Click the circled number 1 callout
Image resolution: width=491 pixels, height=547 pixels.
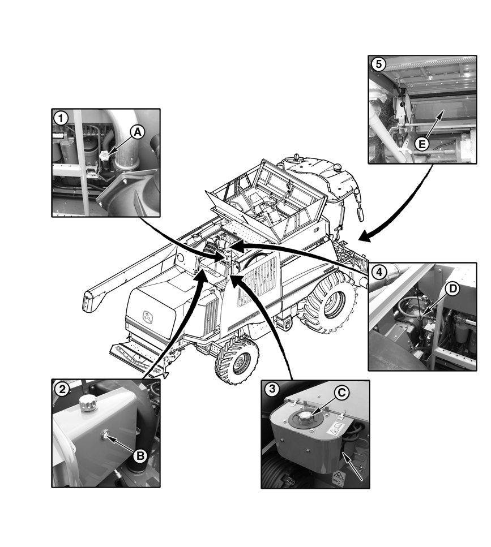pyautogui.click(x=61, y=118)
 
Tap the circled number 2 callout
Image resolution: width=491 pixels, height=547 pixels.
pyautogui.click(x=62, y=389)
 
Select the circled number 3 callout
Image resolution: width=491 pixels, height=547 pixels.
pyautogui.click(x=272, y=388)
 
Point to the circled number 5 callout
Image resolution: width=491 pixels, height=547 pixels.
pyautogui.click(x=378, y=64)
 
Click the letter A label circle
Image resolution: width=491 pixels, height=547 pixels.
pyautogui.click(x=138, y=132)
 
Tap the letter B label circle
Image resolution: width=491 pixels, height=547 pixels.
pyautogui.click(x=140, y=455)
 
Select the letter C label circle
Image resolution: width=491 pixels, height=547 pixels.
pyautogui.click(x=341, y=393)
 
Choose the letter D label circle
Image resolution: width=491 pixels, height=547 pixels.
pyautogui.click(x=452, y=289)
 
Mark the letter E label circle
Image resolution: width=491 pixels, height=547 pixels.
pyautogui.click(x=422, y=144)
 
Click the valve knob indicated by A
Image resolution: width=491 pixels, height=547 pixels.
pyautogui.click(x=104, y=156)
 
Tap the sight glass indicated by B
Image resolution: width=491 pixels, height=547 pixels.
pyautogui.click(x=104, y=434)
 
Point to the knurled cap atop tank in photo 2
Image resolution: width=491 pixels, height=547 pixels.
pyautogui.click(x=86, y=404)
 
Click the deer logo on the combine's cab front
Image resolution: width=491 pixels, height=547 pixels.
pyautogui.click(x=148, y=316)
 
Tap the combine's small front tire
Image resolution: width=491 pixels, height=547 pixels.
pyautogui.click(x=237, y=361)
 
